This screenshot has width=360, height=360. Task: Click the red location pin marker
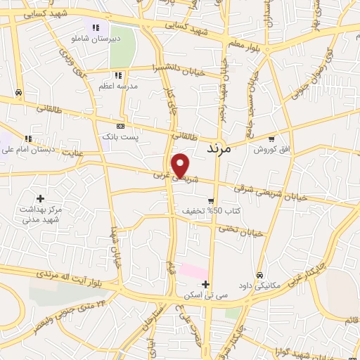point(181,165)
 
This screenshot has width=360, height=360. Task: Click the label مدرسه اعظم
point(117,86)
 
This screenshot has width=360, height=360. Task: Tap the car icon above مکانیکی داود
point(259,275)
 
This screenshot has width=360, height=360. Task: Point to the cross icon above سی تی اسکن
point(205,284)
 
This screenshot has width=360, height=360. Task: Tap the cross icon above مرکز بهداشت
point(40,199)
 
